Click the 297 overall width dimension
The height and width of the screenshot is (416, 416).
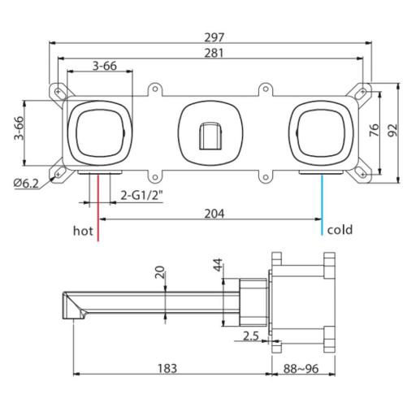tap(214, 37)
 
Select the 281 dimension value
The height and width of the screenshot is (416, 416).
tap(214, 53)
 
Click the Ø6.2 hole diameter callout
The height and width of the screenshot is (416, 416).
tap(26, 184)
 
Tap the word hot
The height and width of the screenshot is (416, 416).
tap(83, 231)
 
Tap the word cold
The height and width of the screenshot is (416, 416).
tap(340, 231)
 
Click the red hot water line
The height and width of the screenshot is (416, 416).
tap(97, 207)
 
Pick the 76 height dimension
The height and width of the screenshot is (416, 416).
tap(374, 130)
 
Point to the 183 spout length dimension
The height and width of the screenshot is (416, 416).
tap(167, 367)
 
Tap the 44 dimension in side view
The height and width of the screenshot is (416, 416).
tap(217, 266)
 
